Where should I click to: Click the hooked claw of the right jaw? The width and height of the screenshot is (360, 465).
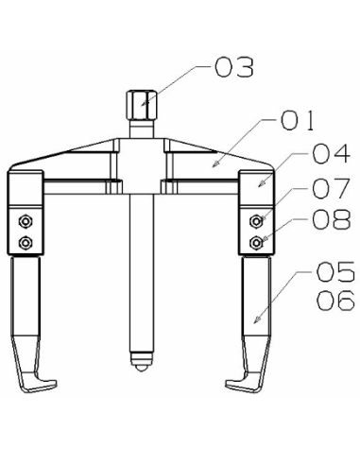(x=243, y=385)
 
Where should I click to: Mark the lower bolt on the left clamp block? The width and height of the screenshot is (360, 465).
(x=26, y=243)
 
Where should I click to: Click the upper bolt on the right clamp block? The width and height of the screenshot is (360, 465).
(x=255, y=221)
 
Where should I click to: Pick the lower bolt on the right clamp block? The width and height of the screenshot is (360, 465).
(x=255, y=242)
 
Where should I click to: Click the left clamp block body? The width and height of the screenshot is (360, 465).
(x=26, y=203)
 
